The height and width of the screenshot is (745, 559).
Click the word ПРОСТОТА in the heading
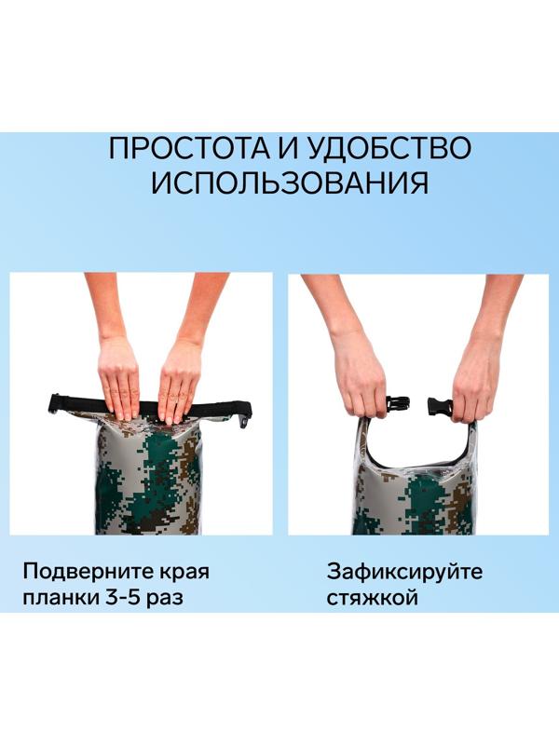pyautogui.click(x=188, y=148)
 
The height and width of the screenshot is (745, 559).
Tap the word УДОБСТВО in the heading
pyautogui.click(x=389, y=148)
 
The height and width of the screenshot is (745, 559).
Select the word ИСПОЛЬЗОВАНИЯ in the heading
pyautogui.click(x=290, y=182)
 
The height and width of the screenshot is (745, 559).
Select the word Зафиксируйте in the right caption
pyautogui.click(x=404, y=572)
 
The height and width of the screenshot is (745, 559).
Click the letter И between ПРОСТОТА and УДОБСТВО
pyautogui.click(x=287, y=149)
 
